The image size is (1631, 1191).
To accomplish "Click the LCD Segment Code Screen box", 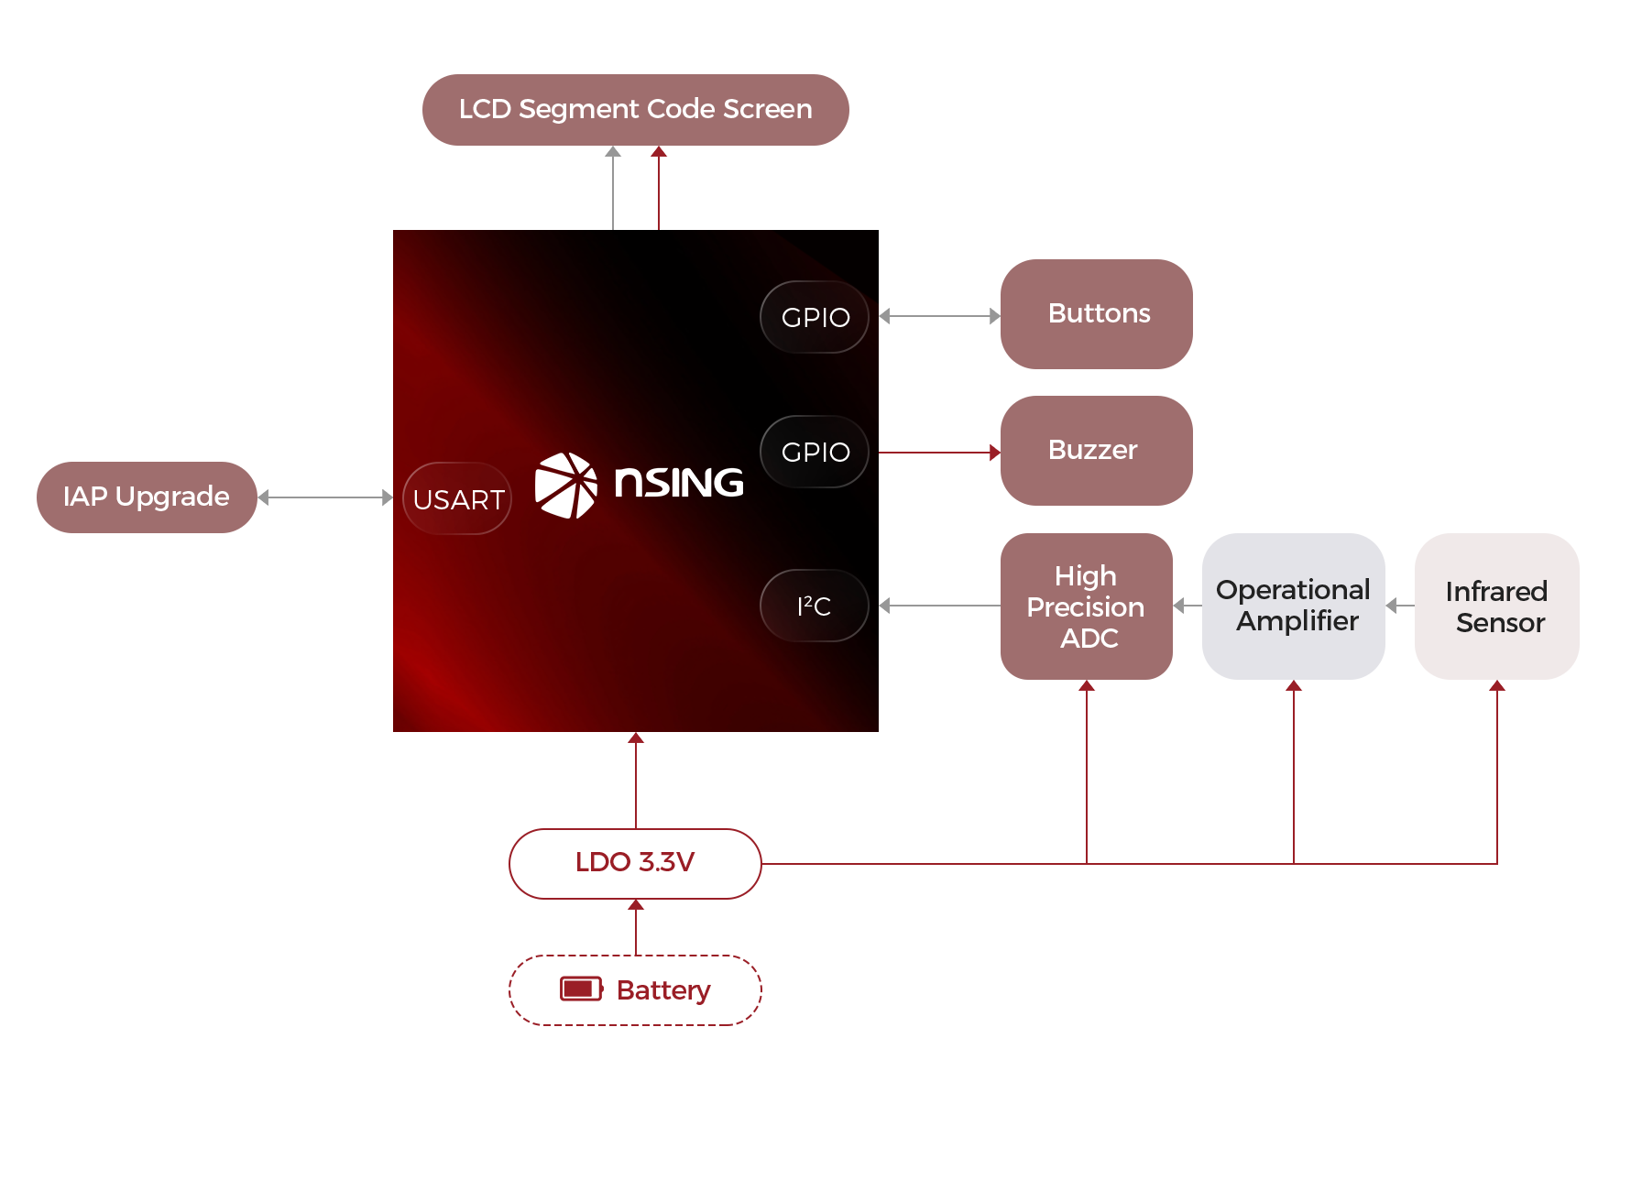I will click(635, 110).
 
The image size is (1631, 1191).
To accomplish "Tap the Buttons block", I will click(1096, 313).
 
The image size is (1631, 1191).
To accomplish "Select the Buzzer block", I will click(1096, 451).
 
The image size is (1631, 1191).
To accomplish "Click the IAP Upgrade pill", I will click(147, 497).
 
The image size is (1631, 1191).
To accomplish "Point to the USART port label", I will click(457, 499).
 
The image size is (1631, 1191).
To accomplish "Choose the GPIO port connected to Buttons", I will click(815, 317).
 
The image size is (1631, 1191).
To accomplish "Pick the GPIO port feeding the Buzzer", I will click(815, 452).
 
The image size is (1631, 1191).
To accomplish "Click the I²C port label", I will click(815, 606).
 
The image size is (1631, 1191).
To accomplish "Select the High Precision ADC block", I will click(1087, 606).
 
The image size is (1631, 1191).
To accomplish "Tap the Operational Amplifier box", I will click(1293, 606).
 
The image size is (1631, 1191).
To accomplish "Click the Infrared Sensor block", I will click(1497, 606).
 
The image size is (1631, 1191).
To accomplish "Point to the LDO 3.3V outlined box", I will click(635, 863).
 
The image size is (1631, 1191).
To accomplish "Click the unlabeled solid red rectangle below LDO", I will click(635, 989).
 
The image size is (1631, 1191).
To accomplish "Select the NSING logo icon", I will click(565, 485).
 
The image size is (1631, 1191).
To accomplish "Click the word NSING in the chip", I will click(679, 483).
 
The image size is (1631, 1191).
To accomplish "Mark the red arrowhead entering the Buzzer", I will click(995, 453).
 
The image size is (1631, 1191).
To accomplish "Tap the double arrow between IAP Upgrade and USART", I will click(325, 497).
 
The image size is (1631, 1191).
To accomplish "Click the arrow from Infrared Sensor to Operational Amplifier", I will click(1399, 606).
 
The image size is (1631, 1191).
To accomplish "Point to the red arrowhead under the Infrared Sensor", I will click(1497, 685).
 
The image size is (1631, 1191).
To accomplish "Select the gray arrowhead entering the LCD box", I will click(613, 151).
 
